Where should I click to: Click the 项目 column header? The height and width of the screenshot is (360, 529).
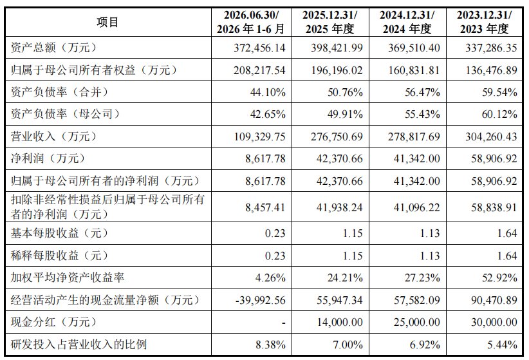point(107,23)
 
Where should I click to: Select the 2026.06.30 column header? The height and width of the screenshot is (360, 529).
point(252,22)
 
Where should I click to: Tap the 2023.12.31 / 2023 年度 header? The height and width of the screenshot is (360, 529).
point(484,22)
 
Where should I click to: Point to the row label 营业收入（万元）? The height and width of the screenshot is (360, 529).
point(53,137)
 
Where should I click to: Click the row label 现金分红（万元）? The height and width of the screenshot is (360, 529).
point(53,322)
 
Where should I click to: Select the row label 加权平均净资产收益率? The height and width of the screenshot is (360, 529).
point(68,278)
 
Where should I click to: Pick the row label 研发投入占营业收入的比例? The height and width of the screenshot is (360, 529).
point(79,345)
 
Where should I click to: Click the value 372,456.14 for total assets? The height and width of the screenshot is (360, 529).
point(259,48)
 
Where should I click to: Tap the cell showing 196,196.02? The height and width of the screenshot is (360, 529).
point(337,70)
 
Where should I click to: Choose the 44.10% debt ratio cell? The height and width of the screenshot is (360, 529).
point(268,92)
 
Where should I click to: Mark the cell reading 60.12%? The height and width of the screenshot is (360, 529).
point(499,114)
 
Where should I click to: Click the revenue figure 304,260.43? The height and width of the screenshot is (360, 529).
point(491,137)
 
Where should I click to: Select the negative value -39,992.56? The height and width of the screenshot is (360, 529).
point(261,300)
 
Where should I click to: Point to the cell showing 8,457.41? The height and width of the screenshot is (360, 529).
point(265,207)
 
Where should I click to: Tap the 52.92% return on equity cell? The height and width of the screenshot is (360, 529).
point(499,278)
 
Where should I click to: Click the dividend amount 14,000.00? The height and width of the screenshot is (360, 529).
point(340,322)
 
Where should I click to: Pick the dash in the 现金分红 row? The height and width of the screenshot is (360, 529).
point(284,323)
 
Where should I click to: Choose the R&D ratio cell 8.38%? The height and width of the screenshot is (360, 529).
point(270,345)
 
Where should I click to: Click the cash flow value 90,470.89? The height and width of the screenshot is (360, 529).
point(494,300)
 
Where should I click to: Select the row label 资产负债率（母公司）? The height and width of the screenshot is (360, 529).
point(66,114)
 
